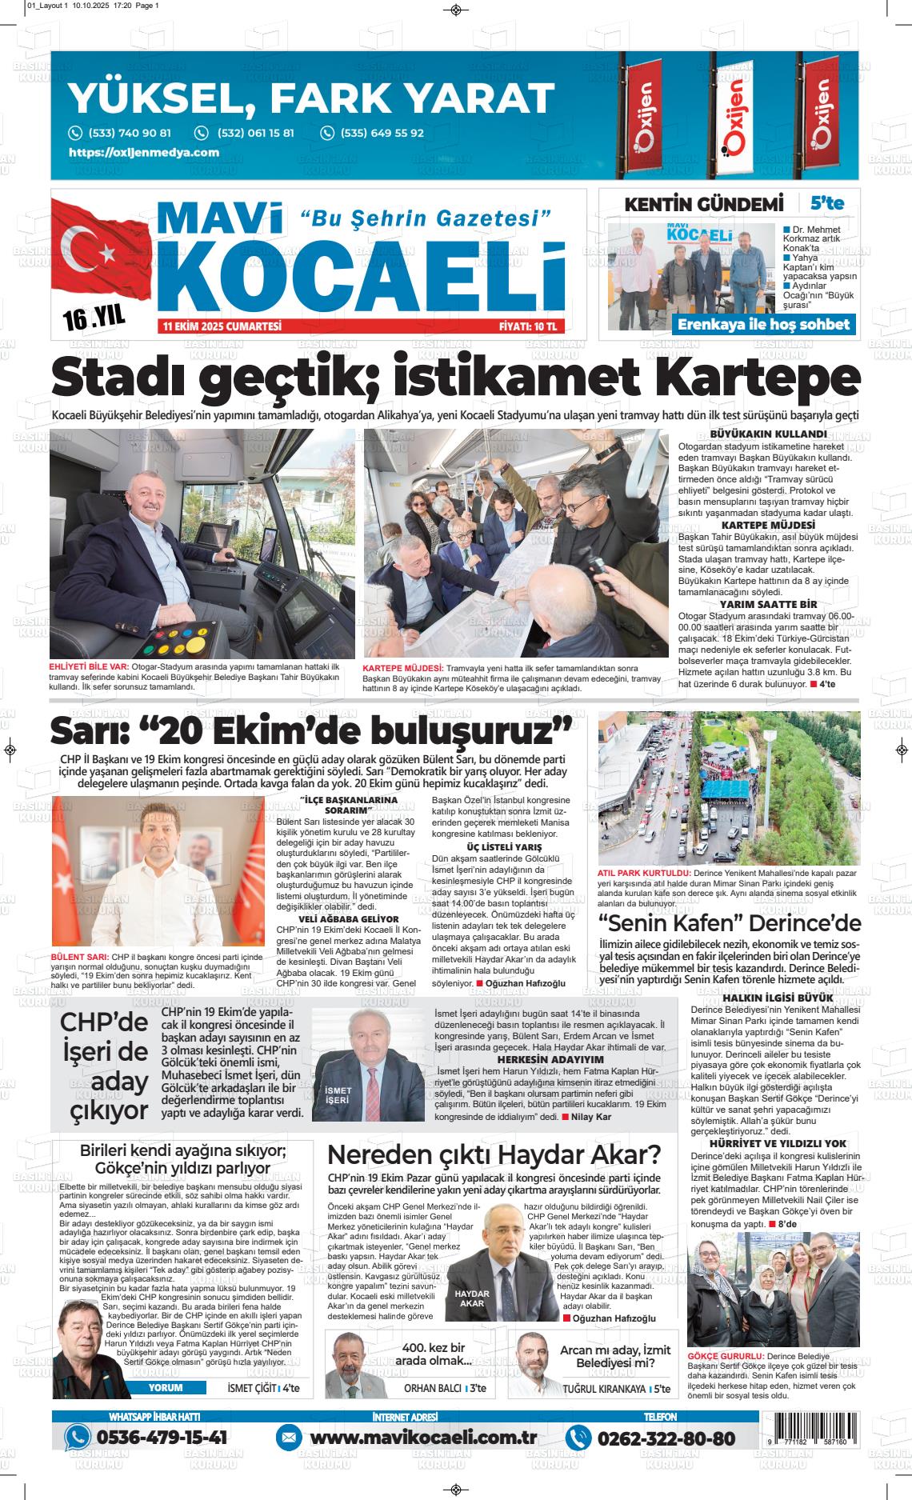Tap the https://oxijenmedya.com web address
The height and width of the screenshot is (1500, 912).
[x=144, y=152]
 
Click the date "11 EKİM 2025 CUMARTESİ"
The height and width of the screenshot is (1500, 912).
[x=222, y=326]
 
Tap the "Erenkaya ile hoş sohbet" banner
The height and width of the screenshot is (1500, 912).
[x=763, y=324]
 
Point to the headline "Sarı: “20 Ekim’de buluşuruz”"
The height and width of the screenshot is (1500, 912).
[x=312, y=730]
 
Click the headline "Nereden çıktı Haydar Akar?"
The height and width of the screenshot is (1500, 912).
[x=494, y=1155]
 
